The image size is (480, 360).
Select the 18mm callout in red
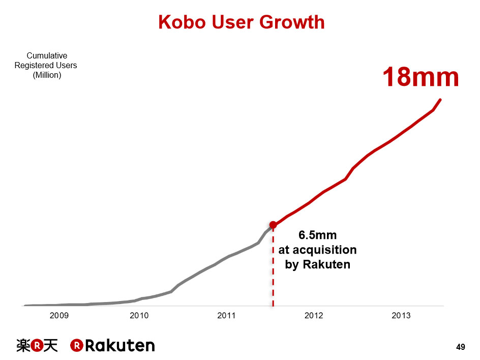pos(421,77)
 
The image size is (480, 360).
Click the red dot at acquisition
pos(273,225)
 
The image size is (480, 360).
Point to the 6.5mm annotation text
pos(317,235)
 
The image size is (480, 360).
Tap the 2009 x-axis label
pos(59,316)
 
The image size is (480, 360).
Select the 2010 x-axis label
pos(139,316)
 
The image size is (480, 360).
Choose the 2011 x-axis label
pos(226,316)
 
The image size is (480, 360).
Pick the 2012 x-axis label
pos(314,316)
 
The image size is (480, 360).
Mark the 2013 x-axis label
pos(401,316)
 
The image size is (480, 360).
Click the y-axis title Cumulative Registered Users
pos(46,61)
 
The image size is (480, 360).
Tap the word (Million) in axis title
pos(46,75)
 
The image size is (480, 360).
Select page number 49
pos(461,347)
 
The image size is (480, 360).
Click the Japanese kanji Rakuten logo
pos(37,346)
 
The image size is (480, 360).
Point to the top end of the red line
pos(440,100)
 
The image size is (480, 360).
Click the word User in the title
pos(232,22)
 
